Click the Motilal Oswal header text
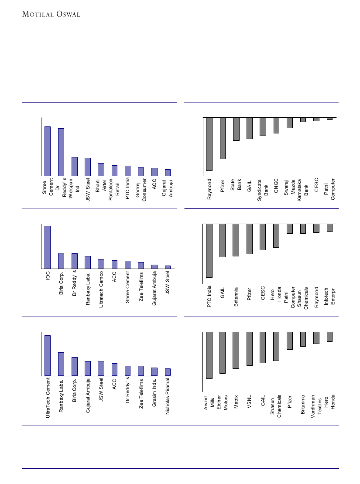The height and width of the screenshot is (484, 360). click(51, 14)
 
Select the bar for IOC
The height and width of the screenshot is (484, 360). click(48, 247)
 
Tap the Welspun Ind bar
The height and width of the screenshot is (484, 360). click(75, 167)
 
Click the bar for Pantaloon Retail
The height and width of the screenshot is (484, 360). click(114, 170)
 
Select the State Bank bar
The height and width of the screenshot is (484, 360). click(236, 129)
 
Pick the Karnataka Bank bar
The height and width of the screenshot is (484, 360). click(303, 119)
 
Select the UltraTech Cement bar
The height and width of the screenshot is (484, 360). click(48, 355)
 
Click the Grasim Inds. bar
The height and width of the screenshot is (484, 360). click(154, 372)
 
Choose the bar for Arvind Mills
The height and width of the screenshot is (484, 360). click(209, 355)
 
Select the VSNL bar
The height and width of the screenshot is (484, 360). click(250, 349)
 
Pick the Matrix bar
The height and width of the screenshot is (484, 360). click(236, 350)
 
